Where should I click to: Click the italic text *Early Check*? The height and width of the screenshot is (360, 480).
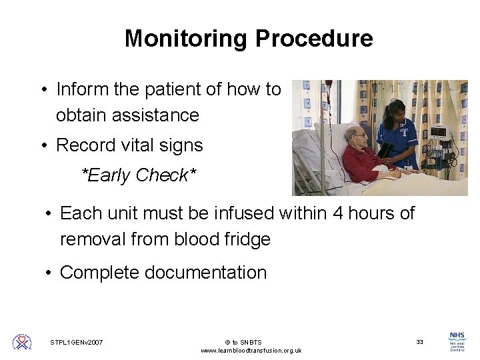coord(139,175)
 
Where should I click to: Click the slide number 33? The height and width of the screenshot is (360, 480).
coord(419,342)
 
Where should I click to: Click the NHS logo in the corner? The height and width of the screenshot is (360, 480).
coord(457,341)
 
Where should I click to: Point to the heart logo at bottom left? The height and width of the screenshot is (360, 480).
coord(22,342)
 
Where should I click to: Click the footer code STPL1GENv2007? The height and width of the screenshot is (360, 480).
coord(77,342)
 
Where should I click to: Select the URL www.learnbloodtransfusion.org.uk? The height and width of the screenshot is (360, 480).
coord(251,351)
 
